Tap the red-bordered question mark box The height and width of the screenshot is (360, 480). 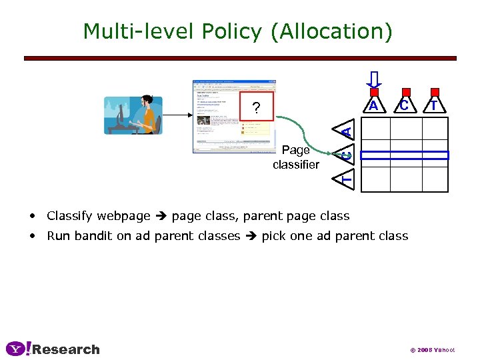point(256,109)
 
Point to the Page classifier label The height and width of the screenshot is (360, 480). point(295,157)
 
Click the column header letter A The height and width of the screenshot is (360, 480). point(374,106)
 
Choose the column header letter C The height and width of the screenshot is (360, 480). point(403,106)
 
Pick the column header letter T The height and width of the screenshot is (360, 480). point(434,106)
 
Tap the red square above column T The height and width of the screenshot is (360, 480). point(435,92)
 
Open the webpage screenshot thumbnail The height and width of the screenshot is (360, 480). point(233,117)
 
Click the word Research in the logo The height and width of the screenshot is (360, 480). point(65,349)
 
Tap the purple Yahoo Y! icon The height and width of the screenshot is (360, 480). point(17,349)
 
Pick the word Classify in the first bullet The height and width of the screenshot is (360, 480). point(69,215)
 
